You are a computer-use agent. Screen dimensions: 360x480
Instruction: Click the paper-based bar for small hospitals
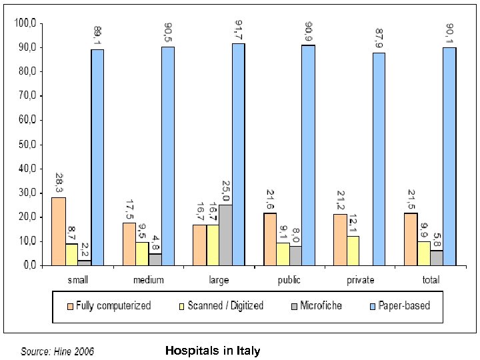97,157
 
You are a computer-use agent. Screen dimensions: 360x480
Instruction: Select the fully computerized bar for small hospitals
58,231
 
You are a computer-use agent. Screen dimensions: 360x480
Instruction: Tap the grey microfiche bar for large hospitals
225,235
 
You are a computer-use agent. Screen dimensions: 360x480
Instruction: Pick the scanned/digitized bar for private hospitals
353,250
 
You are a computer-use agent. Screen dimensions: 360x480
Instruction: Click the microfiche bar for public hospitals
295,255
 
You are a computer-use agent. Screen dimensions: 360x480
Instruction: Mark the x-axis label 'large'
219,280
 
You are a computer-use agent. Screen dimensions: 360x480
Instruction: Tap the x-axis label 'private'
360,280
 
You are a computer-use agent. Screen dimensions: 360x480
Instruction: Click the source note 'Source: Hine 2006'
57,351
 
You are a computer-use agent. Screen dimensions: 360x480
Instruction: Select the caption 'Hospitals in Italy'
212,351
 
